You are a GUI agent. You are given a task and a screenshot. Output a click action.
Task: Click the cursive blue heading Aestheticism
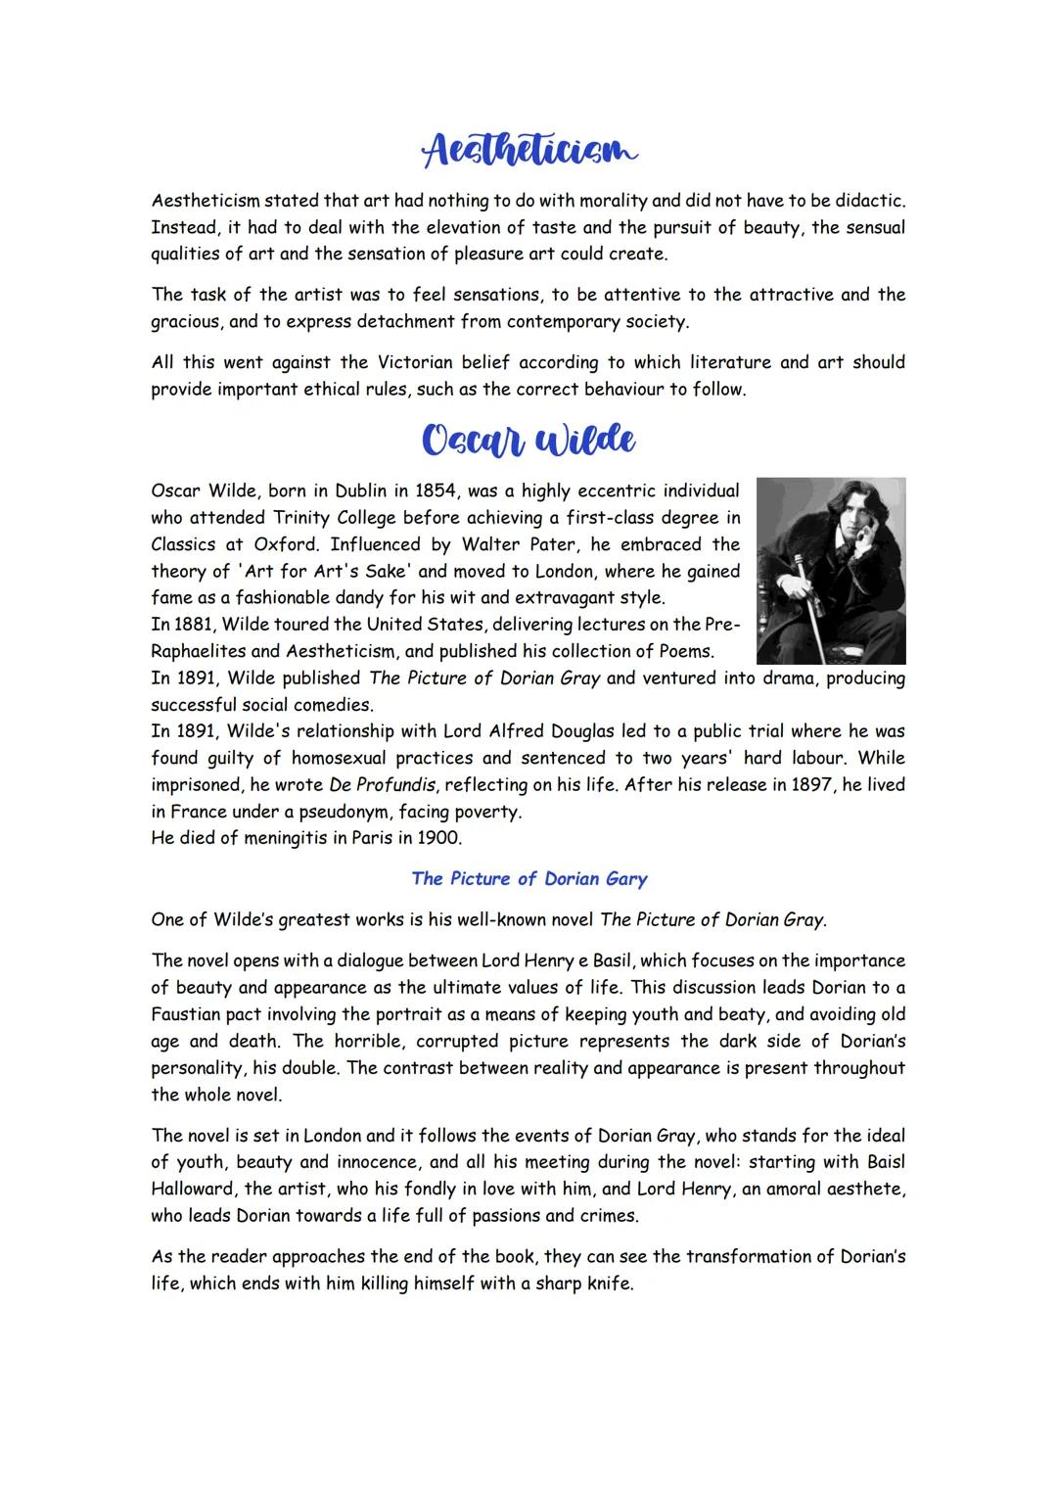[x=528, y=151]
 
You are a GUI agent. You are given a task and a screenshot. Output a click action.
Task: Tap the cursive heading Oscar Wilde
[x=528, y=440]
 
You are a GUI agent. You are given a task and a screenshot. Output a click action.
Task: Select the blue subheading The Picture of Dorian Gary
[x=528, y=878]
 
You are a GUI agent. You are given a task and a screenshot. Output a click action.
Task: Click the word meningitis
[x=292, y=838]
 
